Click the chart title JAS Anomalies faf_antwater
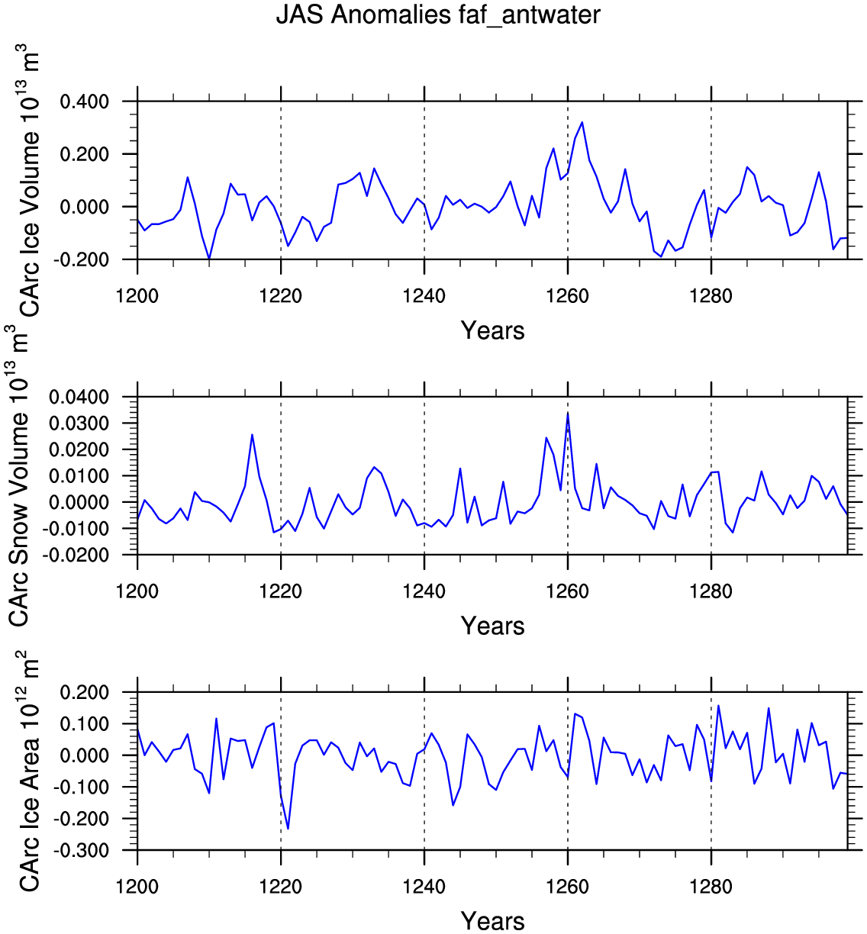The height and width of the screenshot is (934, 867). (438, 15)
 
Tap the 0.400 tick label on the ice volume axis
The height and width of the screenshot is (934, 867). (84, 101)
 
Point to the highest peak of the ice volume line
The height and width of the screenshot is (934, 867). (582, 122)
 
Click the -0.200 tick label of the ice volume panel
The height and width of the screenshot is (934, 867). (81, 259)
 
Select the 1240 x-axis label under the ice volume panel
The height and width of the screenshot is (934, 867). (424, 296)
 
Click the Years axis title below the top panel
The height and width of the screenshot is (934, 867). (492, 330)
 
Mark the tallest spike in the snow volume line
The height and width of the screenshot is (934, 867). (568, 413)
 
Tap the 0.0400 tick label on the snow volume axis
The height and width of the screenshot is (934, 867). (79, 397)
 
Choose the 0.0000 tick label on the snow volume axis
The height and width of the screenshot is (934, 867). (79, 502)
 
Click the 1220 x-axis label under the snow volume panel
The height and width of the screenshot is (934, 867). (280, 591)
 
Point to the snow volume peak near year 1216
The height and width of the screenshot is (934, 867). (252, 434)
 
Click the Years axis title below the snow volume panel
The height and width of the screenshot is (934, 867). (492, 626)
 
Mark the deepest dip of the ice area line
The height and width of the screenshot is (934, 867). (288, 828)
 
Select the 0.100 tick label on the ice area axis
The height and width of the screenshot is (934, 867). (84, 724)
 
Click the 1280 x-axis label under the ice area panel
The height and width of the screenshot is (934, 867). (711, 887)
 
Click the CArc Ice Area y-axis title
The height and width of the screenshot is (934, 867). (28, 771)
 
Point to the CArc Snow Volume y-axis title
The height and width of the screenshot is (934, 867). (18, 475)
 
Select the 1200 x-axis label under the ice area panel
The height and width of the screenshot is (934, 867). (137, 887)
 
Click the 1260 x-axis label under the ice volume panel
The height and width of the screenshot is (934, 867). (567, 296)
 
